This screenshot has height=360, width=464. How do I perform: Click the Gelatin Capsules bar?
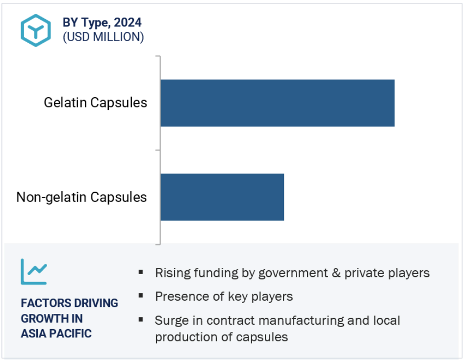(x=278, y=103)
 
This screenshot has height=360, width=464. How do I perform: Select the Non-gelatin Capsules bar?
(x=222, y=197)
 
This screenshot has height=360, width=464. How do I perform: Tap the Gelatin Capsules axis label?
(x=95, y=103)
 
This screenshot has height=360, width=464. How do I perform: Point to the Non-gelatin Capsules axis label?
(x=81, y=197)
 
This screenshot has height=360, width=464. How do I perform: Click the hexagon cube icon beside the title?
(x=36, y=30)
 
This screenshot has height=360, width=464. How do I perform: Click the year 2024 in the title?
(x=128, y=23)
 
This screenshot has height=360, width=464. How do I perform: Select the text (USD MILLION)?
(x=103, y=37)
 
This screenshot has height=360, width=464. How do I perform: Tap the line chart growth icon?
(x=34, y=272)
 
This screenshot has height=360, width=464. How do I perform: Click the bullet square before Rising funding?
(x=141, y=272)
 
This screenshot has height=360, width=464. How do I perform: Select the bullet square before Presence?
(x=141, y=296)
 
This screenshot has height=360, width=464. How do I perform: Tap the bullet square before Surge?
(x=141, y=319)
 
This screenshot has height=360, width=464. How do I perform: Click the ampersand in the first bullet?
(x=336, y=273)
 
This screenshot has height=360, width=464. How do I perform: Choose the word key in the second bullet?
(x=237, y=297)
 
